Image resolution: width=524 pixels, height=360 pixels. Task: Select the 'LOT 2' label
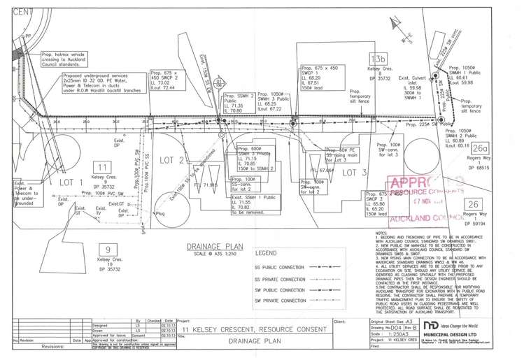(x=171, y=160)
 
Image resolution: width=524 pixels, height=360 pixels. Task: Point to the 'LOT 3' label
(x=355, y=172)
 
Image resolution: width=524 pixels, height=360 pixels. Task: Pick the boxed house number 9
(x=107, y=250)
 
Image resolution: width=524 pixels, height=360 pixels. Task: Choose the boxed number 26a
(x=479, y=148)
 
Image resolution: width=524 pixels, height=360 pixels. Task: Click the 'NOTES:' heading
(x=381, y=233)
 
